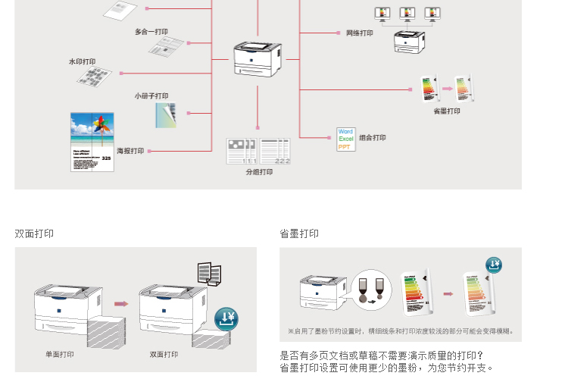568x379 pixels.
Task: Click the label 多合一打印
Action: (151, 32)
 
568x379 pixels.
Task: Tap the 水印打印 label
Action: (83, 61)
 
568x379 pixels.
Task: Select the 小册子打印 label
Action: (151, 96)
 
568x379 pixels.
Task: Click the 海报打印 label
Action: (130, 151)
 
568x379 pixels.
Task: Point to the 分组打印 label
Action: (259, 172)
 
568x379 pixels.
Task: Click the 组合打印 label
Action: (373, 138)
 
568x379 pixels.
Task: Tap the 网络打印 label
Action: (360, 33)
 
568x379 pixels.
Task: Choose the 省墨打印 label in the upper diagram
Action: (447, 111)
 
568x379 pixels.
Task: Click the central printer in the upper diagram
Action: (257, 58)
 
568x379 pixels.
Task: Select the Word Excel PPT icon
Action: (346, 139)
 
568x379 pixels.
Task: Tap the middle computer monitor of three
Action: (407, 13)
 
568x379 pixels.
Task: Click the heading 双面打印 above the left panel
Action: (34, 233)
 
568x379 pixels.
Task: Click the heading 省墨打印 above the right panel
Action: (299, 233)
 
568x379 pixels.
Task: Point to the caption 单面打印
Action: (59, 354)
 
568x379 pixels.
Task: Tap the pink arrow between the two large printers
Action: (120, 303)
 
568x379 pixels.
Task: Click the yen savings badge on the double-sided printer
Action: (227, 319)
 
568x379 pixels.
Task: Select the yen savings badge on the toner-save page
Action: (494, 265)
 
